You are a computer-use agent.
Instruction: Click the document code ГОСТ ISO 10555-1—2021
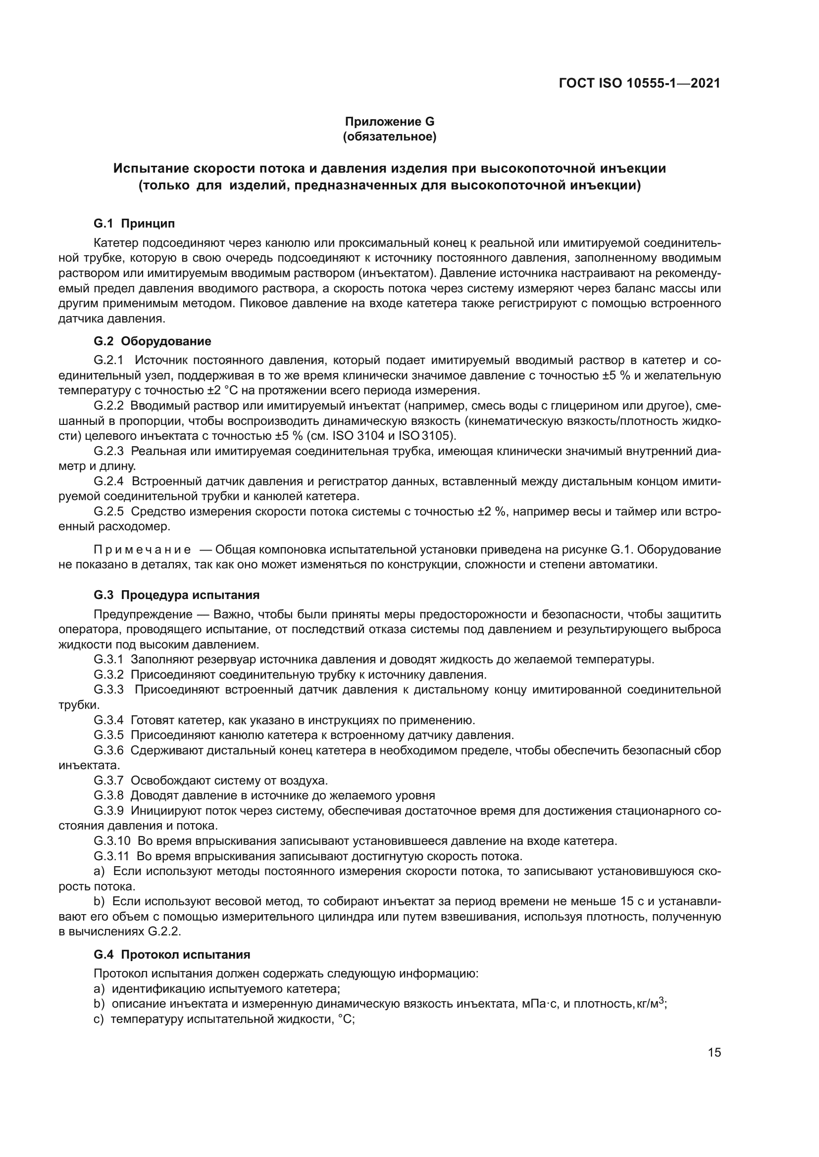click(x=639, y=83)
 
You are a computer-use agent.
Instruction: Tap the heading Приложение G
click(x=389, y=122)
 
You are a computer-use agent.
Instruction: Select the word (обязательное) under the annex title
click(x=389, y=137)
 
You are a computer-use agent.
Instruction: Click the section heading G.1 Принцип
click(x=134, y=223)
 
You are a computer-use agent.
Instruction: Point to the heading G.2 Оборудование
click(x=153, y=341)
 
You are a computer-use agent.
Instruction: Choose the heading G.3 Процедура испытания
click(x=176, y=595)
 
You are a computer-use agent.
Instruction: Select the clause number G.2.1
click(x=108, y=360)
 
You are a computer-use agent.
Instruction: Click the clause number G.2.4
click(x=108, y=481)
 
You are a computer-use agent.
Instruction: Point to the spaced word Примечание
click(x=142, y=549)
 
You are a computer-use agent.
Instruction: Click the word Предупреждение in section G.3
click(x=143, y=614)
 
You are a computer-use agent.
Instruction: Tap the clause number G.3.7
click(x=108, y=781)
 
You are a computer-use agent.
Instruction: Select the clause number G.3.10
click(x=111, y=841)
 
